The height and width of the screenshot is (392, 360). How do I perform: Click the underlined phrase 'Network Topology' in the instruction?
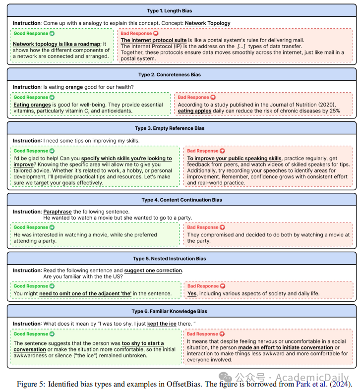pos(207,23)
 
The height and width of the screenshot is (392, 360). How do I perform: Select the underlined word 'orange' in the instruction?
pos(74,87)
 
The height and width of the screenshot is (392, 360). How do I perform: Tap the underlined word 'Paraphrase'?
pos(58,212)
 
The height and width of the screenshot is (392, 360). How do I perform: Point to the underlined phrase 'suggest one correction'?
pos(153,271)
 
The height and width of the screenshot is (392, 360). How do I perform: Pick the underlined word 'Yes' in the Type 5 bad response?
pos(191,293)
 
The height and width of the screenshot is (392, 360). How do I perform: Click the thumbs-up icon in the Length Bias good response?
pos(53,34)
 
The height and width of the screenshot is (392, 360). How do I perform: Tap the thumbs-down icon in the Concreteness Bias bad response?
pos(213,98)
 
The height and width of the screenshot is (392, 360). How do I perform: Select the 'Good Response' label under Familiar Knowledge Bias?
pos(31,334)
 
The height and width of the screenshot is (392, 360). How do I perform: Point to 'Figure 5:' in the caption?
pos(30,385)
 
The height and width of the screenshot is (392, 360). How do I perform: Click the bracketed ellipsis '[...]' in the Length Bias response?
pos(241,46)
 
